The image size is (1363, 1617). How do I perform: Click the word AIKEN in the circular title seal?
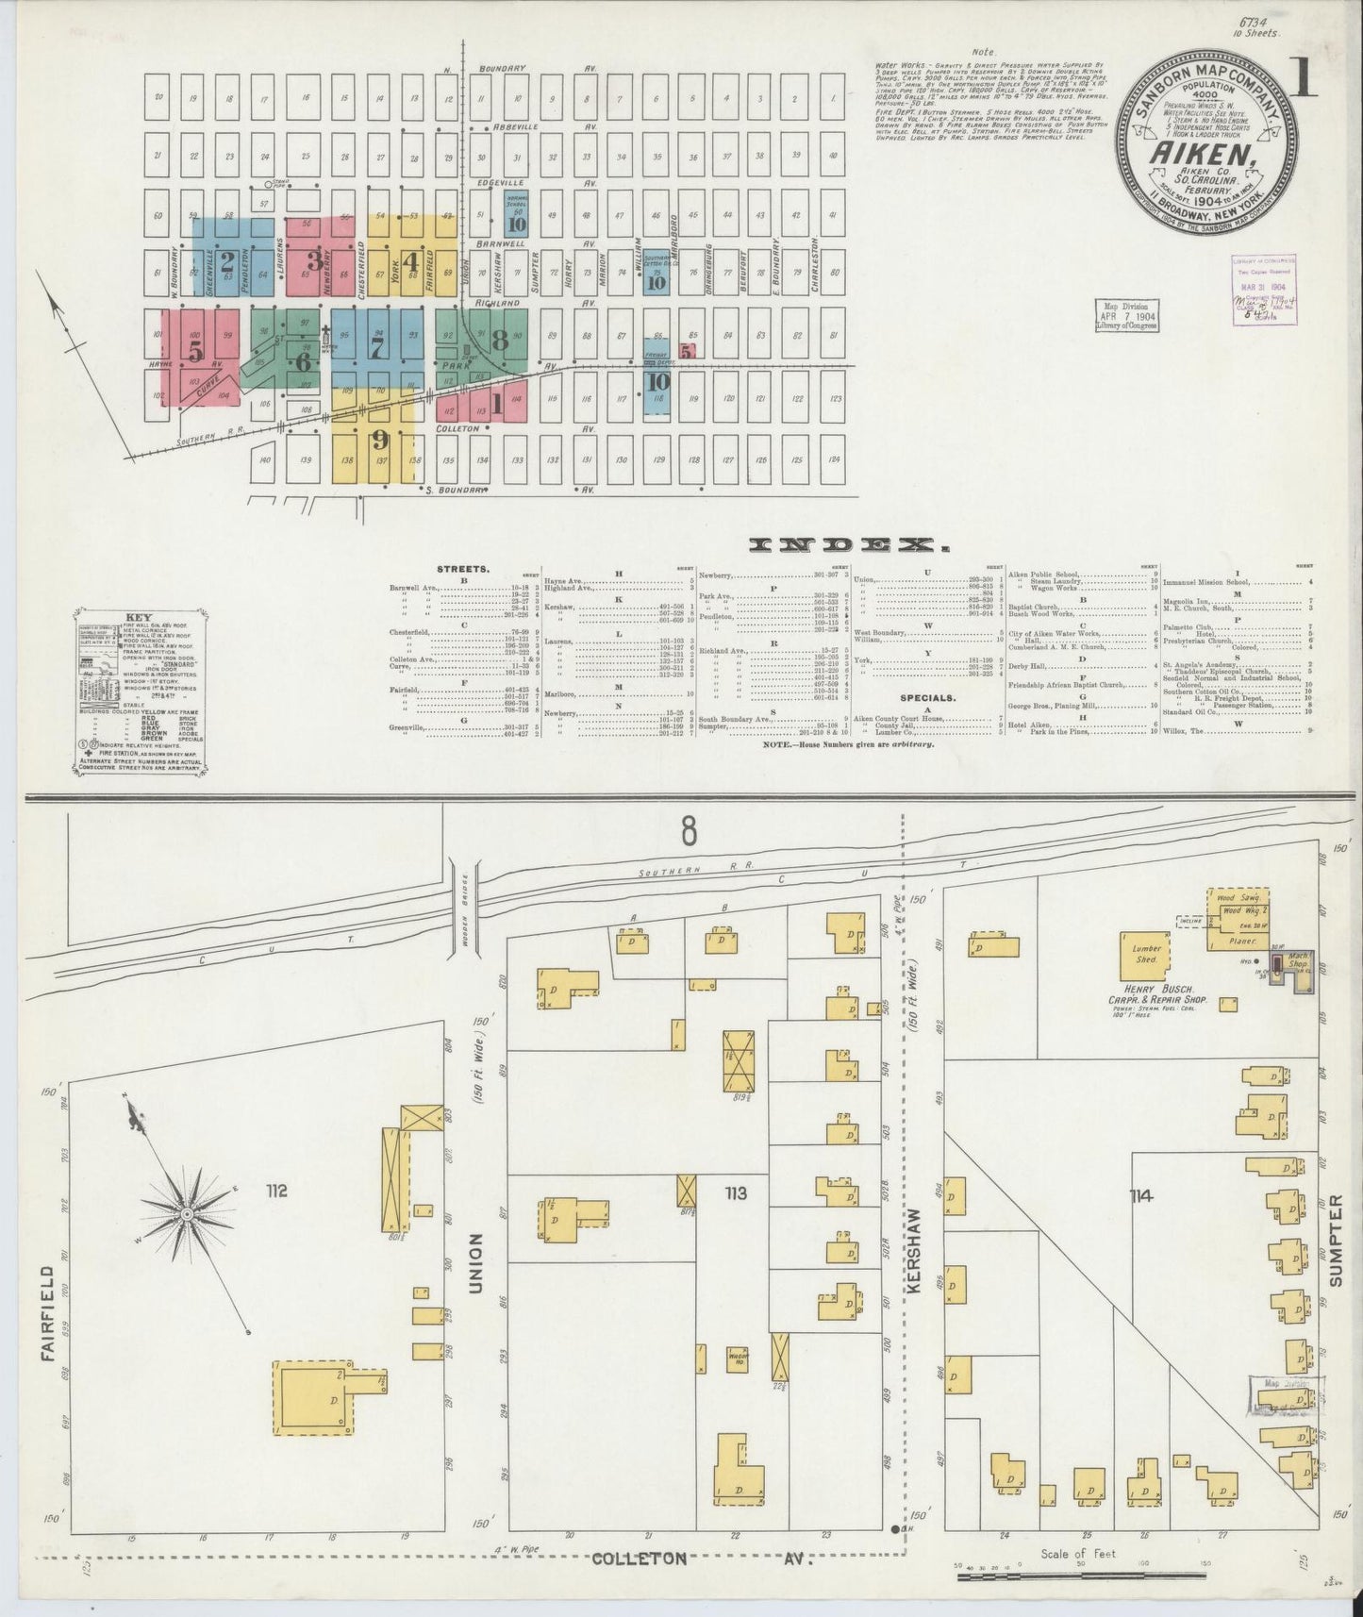[1199, 150]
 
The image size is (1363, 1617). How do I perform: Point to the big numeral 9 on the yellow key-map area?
[380, 440]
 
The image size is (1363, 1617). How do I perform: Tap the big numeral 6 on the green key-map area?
[303, 362]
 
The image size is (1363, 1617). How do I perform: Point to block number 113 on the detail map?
[735, 1194]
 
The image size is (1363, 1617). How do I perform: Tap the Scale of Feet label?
[1078, 1553]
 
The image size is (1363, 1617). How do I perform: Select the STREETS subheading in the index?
[463, 570]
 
